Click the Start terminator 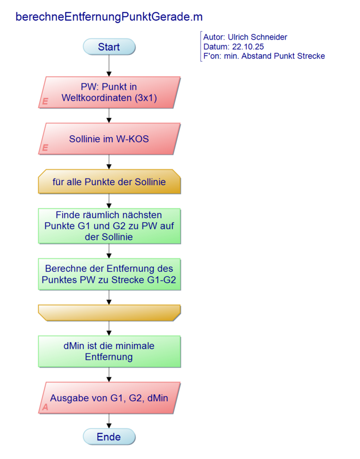tap(109, 47)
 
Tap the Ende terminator tap(109, 437)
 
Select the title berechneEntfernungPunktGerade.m tap(109, 17)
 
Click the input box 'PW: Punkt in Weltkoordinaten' tap(109, 92)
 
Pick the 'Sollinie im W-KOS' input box tap(109, 138)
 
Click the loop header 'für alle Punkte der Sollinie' tap(109, 182)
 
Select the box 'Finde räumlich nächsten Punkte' tap(109, 226)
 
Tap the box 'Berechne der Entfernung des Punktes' tap(109, 274)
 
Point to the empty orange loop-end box tap(109, 311)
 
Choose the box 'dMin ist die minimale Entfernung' tap(109, 351)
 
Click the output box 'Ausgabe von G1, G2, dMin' tap(109, 398)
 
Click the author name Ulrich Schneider tap(258, 37)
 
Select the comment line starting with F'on tap(264, 56)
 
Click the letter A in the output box tap(45, 407)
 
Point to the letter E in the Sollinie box tap(45, 148)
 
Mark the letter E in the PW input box tap(45, 102)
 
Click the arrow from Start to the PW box tap(109, 65)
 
